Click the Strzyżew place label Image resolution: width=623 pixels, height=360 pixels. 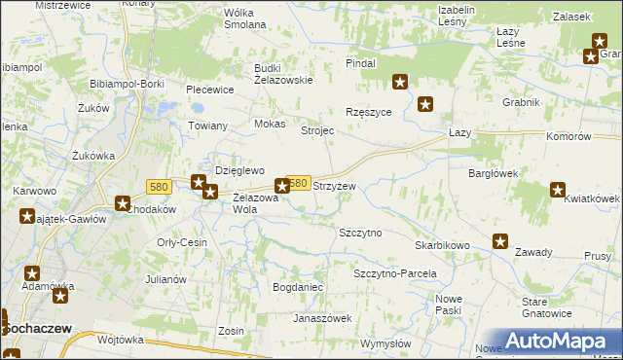(334, 185)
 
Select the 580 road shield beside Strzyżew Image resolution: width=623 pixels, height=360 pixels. (299, 183)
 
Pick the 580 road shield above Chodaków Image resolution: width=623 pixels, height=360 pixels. (161, 186)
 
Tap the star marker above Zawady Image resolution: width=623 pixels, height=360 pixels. (500, 241)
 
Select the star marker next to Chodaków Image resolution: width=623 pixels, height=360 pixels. (124, 204)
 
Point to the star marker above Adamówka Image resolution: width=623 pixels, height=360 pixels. (32, 274)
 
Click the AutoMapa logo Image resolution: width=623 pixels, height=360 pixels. (554, 340)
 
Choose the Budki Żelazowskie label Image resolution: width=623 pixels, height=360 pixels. (282, 74)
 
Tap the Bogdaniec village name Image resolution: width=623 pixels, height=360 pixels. (298, 289)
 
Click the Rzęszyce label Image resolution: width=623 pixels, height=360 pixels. (369, 112)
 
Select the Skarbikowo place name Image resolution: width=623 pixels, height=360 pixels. (442, 246)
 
